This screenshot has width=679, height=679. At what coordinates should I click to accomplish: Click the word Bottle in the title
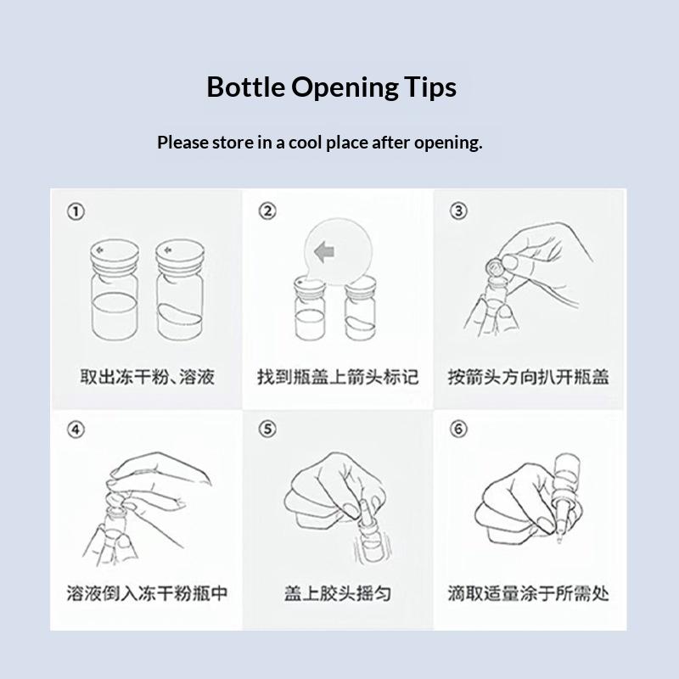[245, 87]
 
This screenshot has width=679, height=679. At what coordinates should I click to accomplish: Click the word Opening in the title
[345, 88]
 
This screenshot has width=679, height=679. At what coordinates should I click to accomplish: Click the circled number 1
[76, 211]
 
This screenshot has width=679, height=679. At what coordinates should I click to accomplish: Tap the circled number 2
[267, 210]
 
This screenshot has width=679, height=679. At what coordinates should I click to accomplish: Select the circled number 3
[458, 210]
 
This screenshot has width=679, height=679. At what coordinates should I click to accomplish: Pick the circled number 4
[76, 429]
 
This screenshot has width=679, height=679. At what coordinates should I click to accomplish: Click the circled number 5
[267, 429]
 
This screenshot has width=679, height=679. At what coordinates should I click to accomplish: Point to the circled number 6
[458, 429]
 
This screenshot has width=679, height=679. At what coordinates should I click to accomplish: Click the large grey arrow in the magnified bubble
[325, 251]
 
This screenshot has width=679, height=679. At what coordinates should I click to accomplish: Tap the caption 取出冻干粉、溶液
[147, 377]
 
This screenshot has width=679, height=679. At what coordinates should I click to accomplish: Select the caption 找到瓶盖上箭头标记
[338, 377]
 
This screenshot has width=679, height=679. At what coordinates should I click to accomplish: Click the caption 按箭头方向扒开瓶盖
[528, 377]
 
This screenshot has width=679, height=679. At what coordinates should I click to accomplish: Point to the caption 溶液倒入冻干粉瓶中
[147, 593]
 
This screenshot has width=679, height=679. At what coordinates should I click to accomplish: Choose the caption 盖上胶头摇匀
[338, 593]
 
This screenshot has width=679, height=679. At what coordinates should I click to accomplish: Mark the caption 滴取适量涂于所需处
[528, 593]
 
